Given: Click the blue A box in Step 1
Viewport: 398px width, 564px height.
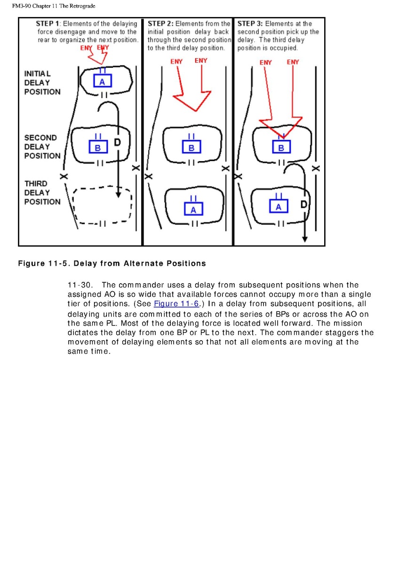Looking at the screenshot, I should pyautogui.click(x=102, y=81).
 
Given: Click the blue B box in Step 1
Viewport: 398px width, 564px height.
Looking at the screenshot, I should pyautogui.click(x=98, y=147).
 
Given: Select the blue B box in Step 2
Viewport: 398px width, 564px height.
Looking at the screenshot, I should pyautogui.click(x=191, y=147).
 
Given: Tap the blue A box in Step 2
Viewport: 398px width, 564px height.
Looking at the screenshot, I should pyautogui.click(x=193, y=210).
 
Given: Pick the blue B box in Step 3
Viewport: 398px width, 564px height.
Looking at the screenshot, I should pyautogui.click(x=281, y=147).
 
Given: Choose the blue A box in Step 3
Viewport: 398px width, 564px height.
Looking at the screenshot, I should pyautogui.click(x=279, y=206).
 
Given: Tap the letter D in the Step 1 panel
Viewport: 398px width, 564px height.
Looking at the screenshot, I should pyautogui.click(x=117, y=141).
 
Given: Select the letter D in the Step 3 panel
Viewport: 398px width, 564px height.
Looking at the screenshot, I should pyautogui.click(x=304, y=204).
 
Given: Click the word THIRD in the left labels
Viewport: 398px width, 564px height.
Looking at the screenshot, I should pyautogui.click(x=36, y=183).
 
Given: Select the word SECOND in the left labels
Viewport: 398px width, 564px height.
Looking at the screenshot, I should pyautogui.click(x=40, y=138).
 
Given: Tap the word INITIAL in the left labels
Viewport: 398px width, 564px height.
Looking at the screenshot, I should pyautogui.click(x=38, y=74).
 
